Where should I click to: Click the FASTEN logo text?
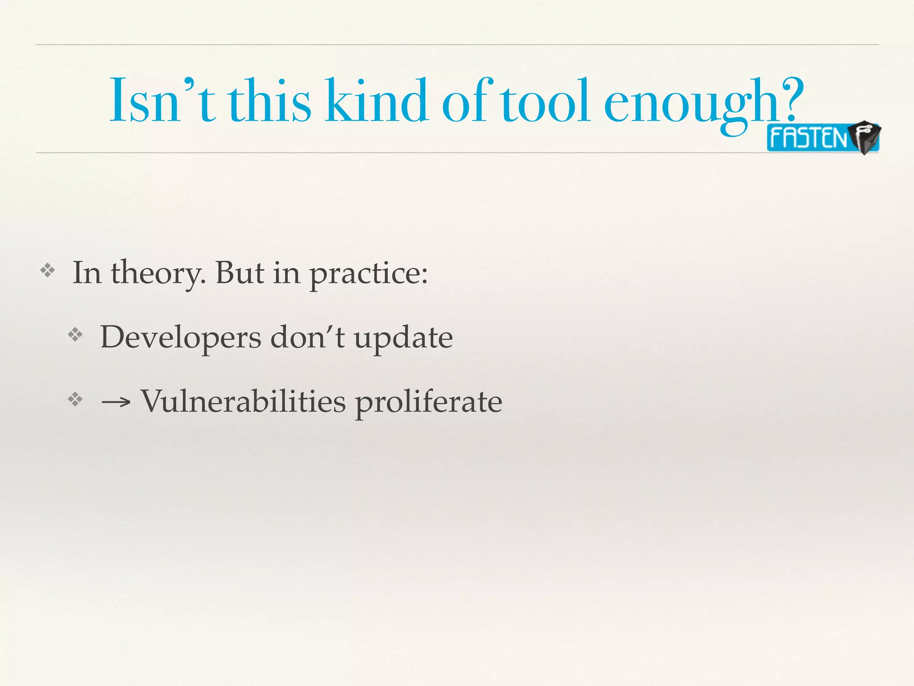[x=808, y=138]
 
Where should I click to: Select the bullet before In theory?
[x=47, y=271]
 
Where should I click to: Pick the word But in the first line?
[x=240, y=272]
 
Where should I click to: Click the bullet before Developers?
[x=75, y=335]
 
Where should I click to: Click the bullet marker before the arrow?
[x=75, y=399]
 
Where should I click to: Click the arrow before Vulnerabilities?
[x=116, y=402]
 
